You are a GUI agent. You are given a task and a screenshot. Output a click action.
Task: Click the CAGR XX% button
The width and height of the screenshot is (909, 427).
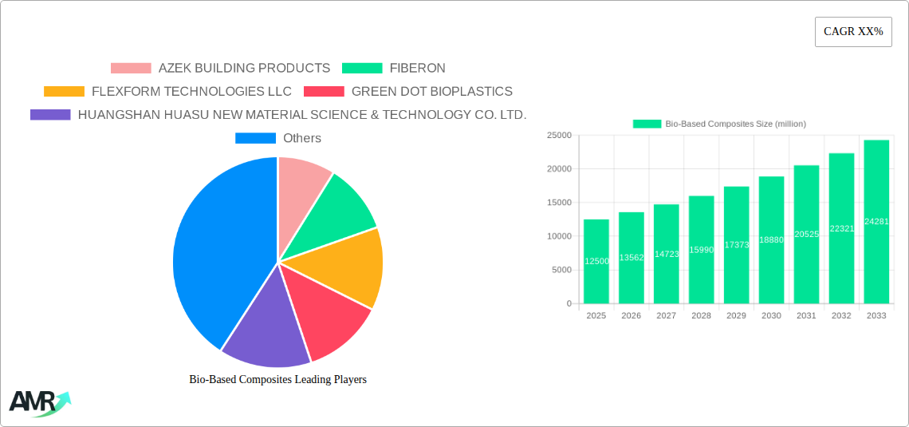tap(852, 32)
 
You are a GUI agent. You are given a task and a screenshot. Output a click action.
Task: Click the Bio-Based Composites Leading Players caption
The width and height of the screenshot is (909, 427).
tap(277, 379)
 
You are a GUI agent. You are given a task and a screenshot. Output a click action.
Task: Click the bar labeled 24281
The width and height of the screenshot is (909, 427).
tap(876, 222)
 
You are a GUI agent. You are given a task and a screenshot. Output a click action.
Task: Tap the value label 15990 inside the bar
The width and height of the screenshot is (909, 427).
tap(701, 250)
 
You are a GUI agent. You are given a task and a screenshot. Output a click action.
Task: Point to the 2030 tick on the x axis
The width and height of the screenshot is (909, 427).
tap(771, 316)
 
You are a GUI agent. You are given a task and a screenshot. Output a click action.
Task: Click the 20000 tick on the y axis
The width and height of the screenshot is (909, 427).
tap(558, 169)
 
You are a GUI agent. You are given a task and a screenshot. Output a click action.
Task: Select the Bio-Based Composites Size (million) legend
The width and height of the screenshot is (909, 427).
tap(719, 124)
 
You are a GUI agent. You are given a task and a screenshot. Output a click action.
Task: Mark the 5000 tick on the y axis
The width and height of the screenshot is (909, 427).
tap(561, 270)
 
